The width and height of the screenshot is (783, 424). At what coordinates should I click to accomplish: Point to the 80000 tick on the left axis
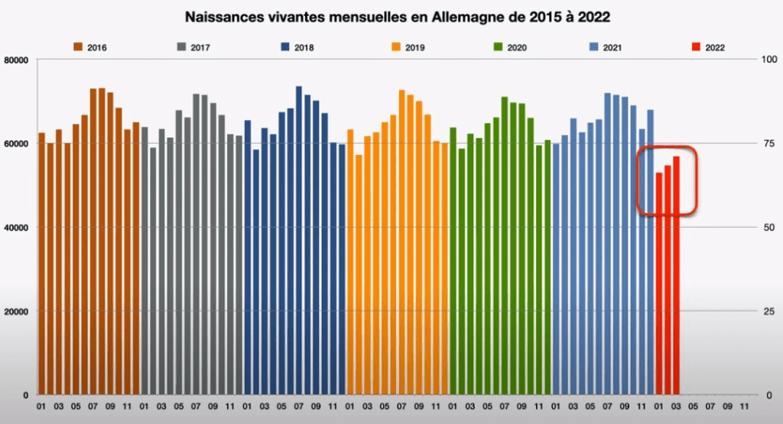pos(16,60)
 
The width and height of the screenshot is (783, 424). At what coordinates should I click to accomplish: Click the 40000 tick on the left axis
pos(16,228)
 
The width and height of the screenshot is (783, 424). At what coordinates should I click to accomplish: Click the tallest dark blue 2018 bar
pos(299,241)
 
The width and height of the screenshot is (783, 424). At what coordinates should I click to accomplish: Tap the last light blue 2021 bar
pos(651,252)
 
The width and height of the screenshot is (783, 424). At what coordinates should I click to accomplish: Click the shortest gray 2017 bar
pos(153,271)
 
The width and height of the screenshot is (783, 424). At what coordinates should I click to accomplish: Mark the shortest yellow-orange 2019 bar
pos(359,274)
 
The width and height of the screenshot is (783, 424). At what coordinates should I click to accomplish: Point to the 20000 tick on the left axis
pos(16,312)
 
